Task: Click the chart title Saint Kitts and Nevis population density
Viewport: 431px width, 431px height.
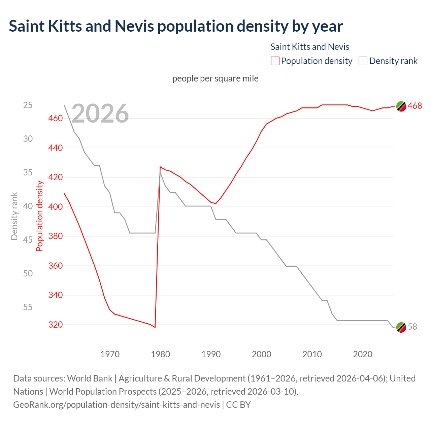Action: tap(175, 26)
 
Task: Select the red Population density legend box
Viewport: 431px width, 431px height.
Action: tap(275, 61)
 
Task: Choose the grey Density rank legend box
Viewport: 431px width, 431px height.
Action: tap(363, 61)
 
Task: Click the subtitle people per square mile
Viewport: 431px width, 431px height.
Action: tap(215, 78)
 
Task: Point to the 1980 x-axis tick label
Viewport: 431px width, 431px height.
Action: tap(161, 354)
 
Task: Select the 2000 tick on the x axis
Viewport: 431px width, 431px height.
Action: tap(262, 354)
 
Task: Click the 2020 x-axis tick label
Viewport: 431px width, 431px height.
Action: tap(363, 354)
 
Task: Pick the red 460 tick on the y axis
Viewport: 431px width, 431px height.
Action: tap(56, 118)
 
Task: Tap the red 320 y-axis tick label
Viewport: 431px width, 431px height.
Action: tap(56, 325)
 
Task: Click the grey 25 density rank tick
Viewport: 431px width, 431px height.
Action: tap(28, 105)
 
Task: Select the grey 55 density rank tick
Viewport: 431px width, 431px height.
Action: tap(28, 307)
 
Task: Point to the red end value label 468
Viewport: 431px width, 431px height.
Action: tap(415, 106)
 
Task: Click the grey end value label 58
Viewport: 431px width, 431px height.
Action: tap(412, 327)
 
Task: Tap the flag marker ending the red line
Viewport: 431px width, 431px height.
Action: tap(401, 106)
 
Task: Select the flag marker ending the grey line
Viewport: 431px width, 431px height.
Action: tap(401, 327)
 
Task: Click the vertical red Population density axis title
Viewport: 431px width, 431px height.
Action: tap(40, 216)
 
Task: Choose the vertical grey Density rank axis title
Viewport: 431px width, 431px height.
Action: tap(14, 216)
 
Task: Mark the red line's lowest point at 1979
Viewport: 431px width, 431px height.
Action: tap(155, 327)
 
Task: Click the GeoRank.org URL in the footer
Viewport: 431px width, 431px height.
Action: tap(117, 404)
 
